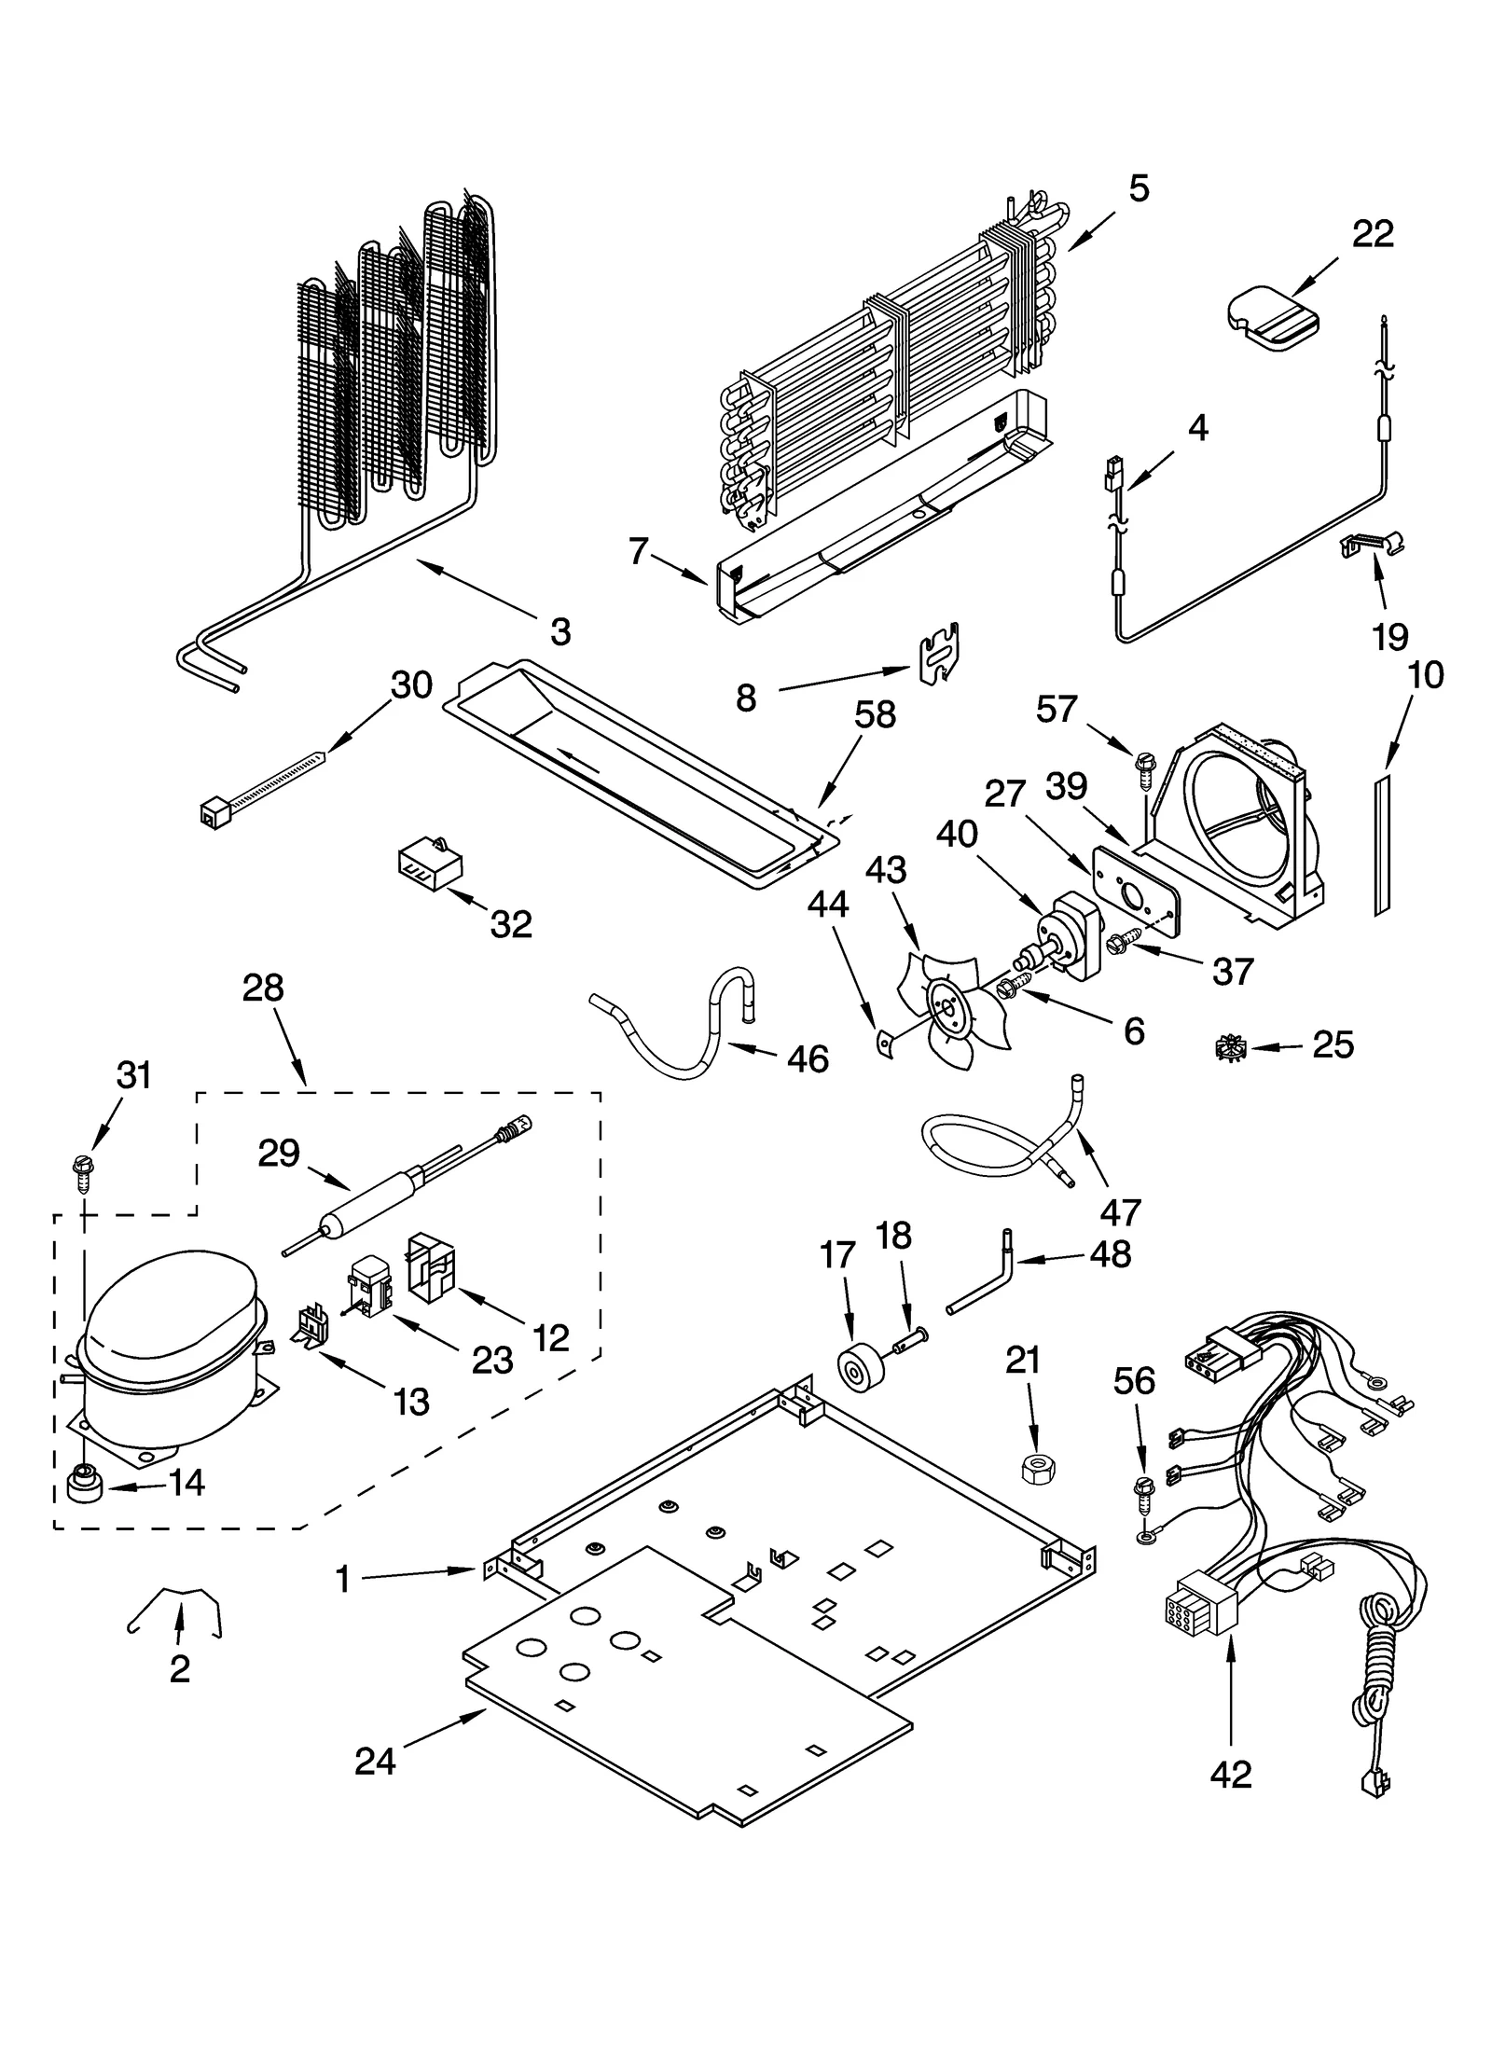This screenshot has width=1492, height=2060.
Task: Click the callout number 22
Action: [1373, 234]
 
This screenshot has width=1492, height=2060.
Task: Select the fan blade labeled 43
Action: [951, 1008]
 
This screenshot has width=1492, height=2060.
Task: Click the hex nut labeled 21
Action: [1032, 1470]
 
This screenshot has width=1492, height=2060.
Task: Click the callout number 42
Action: [1230, 1775]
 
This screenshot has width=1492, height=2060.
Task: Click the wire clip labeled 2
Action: [177, 1609]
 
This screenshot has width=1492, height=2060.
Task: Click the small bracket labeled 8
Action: [941, 656]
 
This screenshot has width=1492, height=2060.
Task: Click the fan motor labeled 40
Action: [1072, 933]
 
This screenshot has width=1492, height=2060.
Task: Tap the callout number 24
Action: [375, 1761]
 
